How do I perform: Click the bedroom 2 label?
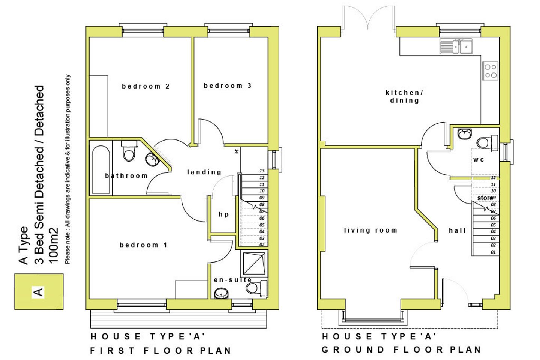[x=145, y=86]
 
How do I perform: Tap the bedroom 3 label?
[x=227, y=86]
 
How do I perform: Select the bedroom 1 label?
[x=143, y=245]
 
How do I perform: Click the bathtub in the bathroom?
[x=100, y=169]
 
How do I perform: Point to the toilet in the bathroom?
[x=129, y=151]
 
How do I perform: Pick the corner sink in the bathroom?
[x=153, y=159]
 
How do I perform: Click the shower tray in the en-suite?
[x=254, y=263]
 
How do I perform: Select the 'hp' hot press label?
[x=223, y=214]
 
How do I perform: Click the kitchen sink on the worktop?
[x=456, y=47]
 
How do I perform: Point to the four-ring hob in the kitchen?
[x=490, y=71]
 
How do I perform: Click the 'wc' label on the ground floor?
[x=478, y=160]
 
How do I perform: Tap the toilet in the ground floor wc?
[x=486, y=142]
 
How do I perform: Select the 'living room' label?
[x=370, y=230]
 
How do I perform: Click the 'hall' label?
[x=457, y=231]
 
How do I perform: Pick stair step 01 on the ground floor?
[x=493, y=252]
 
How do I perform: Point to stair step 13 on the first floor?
[x=262, y=171]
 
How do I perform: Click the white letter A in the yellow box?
[x=38, y=291]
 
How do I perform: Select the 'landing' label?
[x=204, y=172]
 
